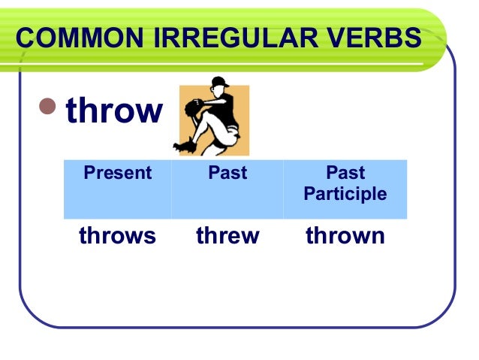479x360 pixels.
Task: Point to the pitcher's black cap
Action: point(218,81)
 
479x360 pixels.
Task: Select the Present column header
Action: point(117,174)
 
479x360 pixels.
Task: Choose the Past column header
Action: point(227,174)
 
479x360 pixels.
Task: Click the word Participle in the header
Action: point(345,195)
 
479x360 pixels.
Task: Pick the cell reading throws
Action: point(117,236)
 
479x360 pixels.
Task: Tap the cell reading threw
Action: point(227,236)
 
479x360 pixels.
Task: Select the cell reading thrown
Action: point(345,236)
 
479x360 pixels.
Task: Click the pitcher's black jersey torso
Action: point(227,109)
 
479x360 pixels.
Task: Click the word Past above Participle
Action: point(345,174)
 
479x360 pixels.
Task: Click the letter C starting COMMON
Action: point(26,38)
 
